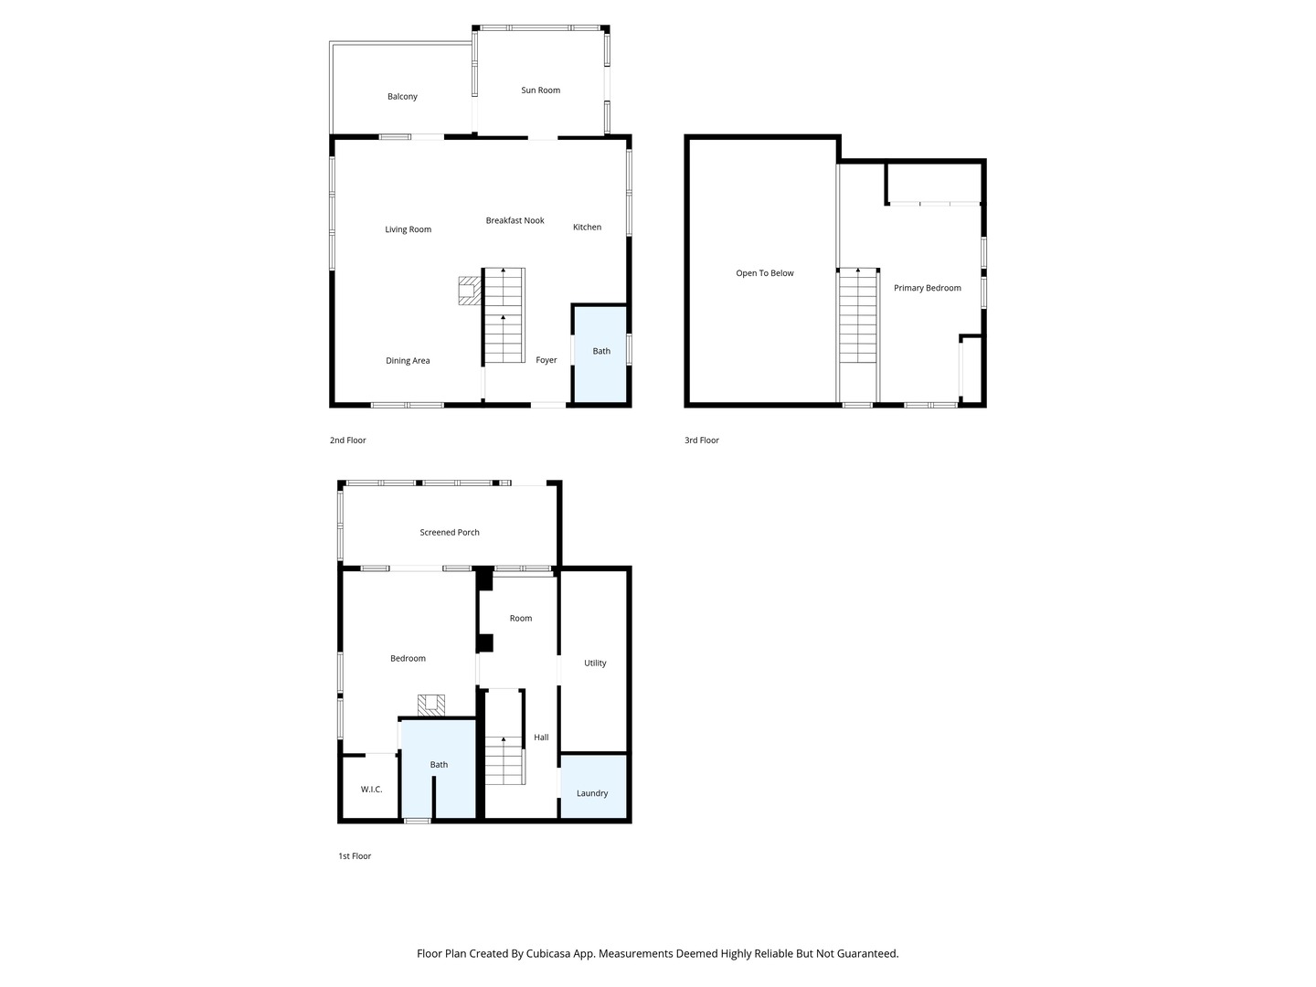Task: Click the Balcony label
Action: point(402,97)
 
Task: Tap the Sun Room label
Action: point(540,90)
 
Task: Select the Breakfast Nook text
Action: point(515,220)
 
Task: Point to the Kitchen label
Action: point(587,228)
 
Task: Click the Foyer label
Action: point(547,360)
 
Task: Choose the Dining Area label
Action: point(408,361)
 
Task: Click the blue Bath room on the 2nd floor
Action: point(600,355)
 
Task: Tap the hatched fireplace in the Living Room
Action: point(470,291)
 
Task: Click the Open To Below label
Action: point(764,273)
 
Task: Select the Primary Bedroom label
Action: point(927,288)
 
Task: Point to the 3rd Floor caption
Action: point(702,440)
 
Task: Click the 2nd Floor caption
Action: point(348,440)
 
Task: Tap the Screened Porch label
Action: point(449,532)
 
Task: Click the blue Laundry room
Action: point(593,786)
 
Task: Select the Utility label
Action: point(595,663)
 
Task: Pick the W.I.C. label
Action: point(371,790)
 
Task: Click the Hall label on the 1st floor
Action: point(541,738)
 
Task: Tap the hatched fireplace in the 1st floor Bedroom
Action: point(431,706)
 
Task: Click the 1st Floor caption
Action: point(355,856)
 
